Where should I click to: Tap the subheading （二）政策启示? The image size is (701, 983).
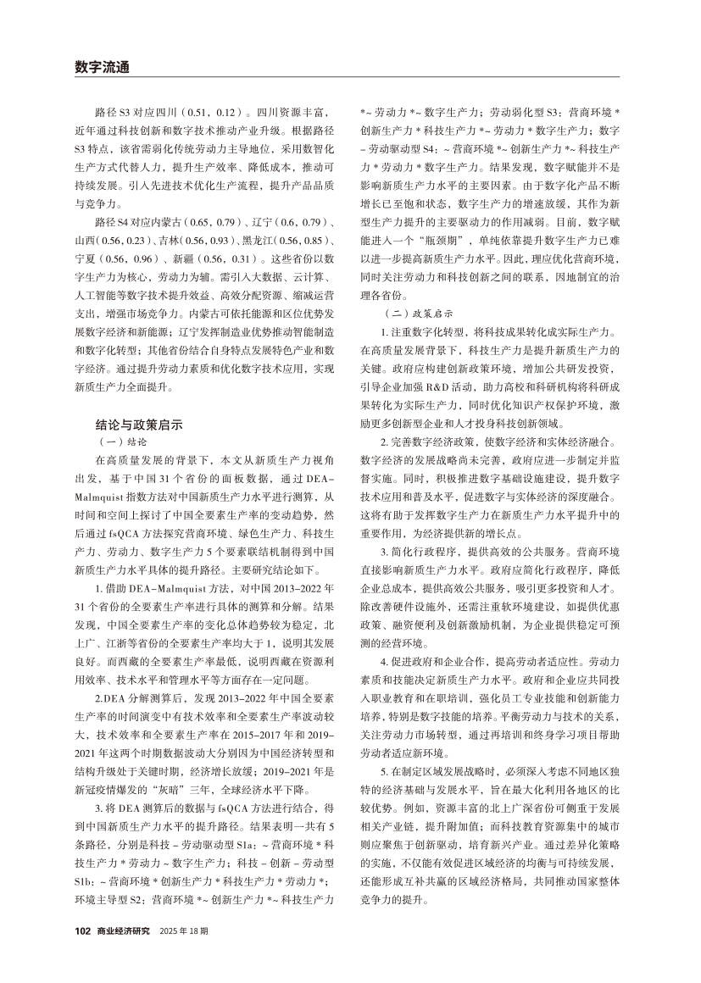pyautogui.click(x=411, y=313)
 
